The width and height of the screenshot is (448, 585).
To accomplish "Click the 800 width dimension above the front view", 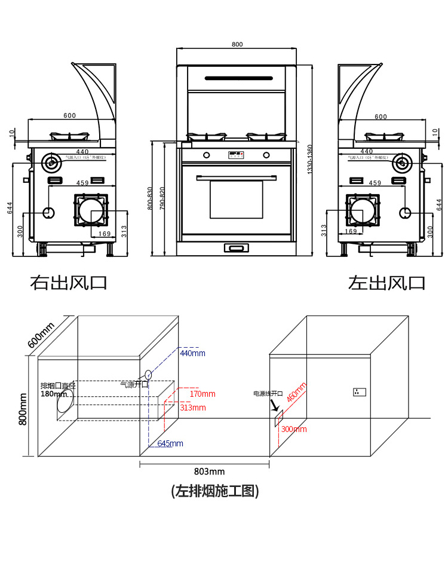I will click(237, 45).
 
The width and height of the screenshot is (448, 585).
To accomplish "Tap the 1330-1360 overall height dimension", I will click(309, 160).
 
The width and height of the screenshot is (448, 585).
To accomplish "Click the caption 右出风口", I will click(69, 282).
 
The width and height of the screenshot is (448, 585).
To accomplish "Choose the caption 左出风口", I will click(386, 282).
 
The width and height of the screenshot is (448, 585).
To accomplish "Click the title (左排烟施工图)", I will click(215, 491).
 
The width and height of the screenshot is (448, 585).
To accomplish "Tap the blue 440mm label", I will click(192, 354).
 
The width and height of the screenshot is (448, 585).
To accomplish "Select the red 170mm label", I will click(202, 394).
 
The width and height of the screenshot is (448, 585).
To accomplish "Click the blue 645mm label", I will click(170, 443).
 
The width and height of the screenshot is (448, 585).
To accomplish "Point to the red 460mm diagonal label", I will click(296, 392).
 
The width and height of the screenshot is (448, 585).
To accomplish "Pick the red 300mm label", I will click(294, 429).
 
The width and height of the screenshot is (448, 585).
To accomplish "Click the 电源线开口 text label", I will click(268, 394).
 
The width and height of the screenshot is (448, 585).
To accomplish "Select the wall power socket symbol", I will click(359, 392).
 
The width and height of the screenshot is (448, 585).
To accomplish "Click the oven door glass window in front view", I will click(236, 199).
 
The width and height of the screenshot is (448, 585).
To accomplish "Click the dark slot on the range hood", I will click(239, 78).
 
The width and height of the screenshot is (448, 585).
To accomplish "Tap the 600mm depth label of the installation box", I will click(41, 335).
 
